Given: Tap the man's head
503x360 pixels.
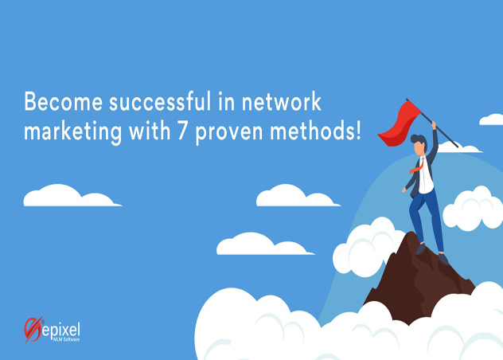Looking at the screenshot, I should click(419, 145).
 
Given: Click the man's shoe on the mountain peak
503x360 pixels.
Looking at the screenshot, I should click(443, 258).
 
